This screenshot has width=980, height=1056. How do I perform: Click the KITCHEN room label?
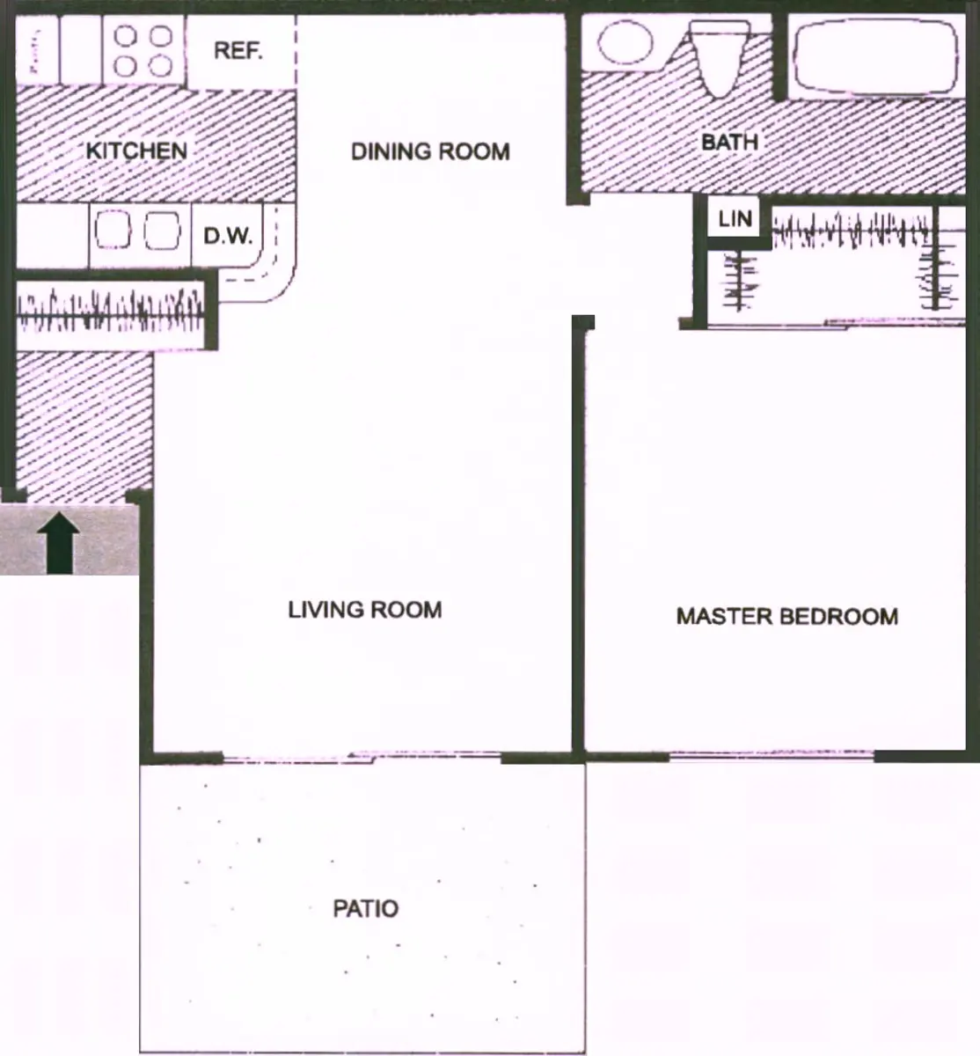(136, 150)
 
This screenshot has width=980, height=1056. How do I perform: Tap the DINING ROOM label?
(430, 151)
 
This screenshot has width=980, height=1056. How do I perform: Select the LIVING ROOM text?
(364, 609)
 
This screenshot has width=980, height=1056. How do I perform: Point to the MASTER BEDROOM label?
(787, 616)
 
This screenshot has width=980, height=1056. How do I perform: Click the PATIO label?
(365, 908)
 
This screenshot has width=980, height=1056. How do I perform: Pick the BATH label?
(729, 141)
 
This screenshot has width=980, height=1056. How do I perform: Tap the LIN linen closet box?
(735, 218)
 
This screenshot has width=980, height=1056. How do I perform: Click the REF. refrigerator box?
(238, 50)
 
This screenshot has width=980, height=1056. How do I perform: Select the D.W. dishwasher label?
(228, 236)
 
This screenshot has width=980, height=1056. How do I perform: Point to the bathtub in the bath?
(874, 55)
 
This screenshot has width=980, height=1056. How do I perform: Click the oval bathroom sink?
(625, 41)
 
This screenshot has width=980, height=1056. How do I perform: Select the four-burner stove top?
(143, 50)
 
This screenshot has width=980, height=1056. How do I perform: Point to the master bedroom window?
(772, 754)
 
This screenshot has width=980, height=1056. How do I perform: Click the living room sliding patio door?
(361, 756)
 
